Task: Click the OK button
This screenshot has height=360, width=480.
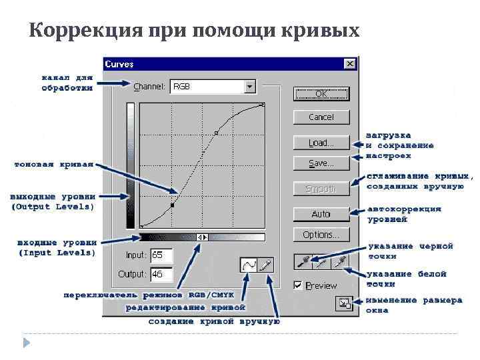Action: coord(321,94)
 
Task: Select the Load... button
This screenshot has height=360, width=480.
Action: coord(321,143)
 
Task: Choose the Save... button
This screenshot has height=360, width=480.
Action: coord(321,163)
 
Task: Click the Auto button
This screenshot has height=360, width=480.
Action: coord(321,214)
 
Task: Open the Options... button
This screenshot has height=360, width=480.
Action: coord(321,235)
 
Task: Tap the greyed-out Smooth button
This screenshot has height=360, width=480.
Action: coord(321,189)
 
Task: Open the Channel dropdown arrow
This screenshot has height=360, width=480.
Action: coord(250,86)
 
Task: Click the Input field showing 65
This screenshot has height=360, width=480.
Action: coord(161,255)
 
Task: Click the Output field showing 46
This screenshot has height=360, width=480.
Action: coord(161,274)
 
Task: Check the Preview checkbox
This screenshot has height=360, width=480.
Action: coord(298,285)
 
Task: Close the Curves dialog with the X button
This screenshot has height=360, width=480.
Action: coord(350,64)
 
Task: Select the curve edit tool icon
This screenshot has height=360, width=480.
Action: coord(249,265)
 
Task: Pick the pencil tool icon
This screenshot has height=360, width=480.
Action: coord(265,265)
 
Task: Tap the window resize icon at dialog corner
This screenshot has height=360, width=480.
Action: coord(343,303)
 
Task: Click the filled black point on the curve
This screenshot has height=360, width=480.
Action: coord(172,206)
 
